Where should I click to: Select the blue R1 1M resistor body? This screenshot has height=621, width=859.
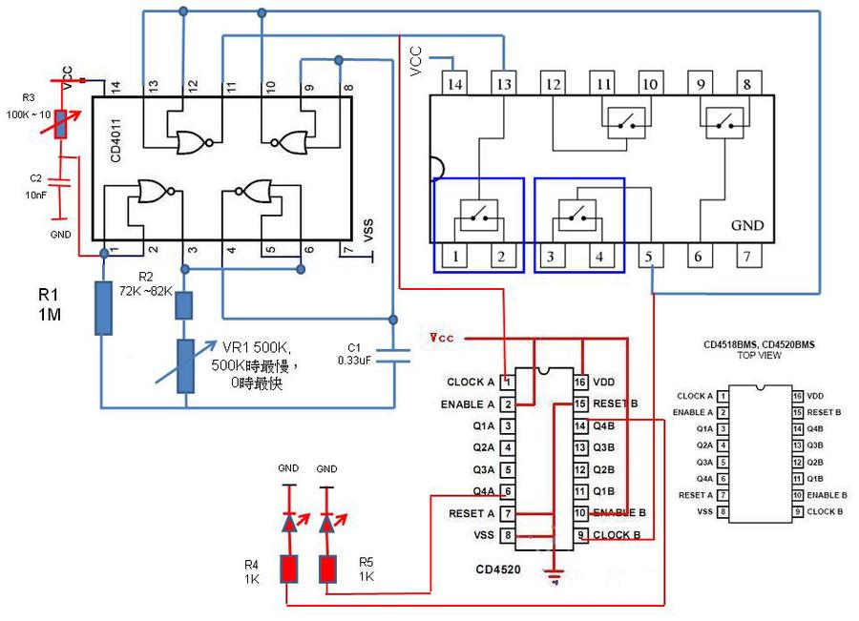tap(104, 307)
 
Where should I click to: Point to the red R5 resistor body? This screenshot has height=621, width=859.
tap(327, 569)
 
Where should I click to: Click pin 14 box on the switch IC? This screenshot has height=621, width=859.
tap(455, 84)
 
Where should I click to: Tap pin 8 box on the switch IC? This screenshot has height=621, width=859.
tap(746, 84)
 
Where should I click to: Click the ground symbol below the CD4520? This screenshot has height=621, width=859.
tap(553, 574)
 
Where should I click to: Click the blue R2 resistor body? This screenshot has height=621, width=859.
tap(185, 305)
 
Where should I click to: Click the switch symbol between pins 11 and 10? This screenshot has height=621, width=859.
tap(626, 118)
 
